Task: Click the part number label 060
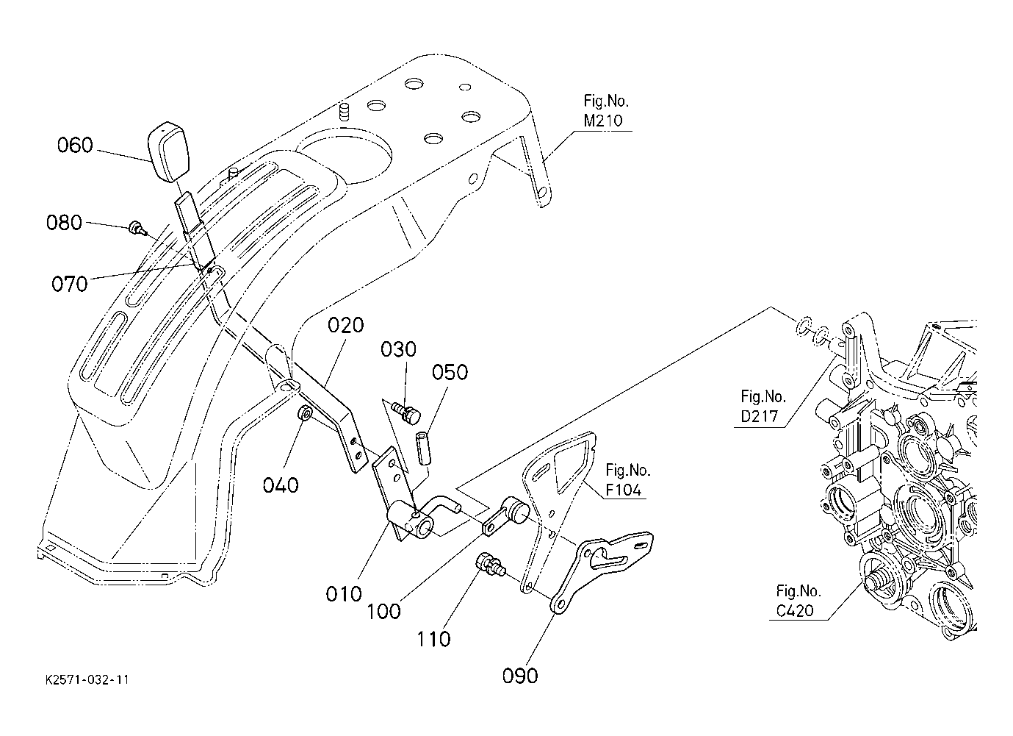coord(75,146)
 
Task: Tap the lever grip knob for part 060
coord(168,151)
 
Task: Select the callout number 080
coord(64,223)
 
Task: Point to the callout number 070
coord(69,285)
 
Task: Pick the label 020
coord(345,326)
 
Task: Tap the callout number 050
coord(450,373)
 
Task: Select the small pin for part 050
coord(423,448)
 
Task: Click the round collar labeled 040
coord(303,413)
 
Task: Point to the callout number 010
coord(344,594)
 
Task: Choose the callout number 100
coord(383,612)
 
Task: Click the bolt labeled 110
coord(490,566)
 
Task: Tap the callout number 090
coord(520,676)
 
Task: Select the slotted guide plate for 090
coord(602,571)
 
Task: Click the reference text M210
coord(603,121)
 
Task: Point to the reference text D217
coord(760,416)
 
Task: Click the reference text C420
coord(795,611)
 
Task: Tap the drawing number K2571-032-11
coord(87,680)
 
